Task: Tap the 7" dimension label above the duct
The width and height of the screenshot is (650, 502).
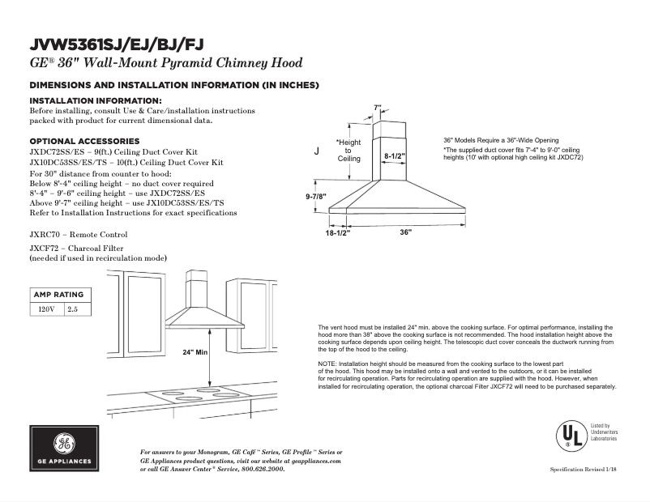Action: click(377, 108)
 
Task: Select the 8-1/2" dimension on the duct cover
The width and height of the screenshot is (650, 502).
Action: click(395, 155)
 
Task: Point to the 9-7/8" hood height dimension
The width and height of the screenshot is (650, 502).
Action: click(315, 197)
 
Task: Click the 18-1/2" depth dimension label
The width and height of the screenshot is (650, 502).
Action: click(337, 232)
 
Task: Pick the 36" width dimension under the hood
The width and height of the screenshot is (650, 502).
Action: click(406, 232)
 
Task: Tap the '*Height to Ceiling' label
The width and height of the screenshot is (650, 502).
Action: click(349, 151)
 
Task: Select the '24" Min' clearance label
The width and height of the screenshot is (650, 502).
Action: click(195, 353)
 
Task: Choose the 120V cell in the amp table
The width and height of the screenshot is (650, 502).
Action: click(47, 309)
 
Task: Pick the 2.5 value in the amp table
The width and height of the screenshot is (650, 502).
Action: click(73, 309)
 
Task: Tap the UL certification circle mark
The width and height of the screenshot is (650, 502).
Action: click(571, 436)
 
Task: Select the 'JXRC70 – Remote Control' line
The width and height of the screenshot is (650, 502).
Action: click(79, 235)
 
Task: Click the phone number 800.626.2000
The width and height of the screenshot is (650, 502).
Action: click(263, 469)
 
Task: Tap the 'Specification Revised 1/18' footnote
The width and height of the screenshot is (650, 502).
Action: click(583, 470)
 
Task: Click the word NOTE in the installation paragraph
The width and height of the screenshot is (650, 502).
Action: click(328, 364)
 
